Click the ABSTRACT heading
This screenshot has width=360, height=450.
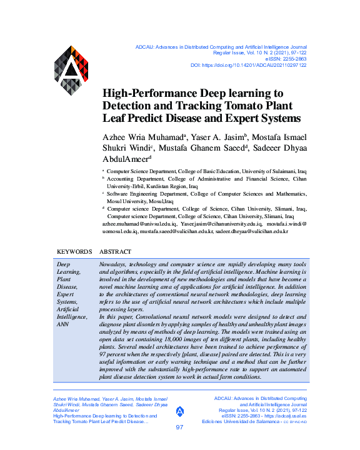click(x=116, y=252)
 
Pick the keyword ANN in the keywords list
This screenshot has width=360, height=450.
click(x=63, y=324)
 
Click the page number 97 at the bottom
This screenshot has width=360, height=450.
click(x=179, y=427)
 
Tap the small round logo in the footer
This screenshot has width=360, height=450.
click(x=180, y=411)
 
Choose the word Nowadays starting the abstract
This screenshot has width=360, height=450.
click(x=117, y=265)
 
